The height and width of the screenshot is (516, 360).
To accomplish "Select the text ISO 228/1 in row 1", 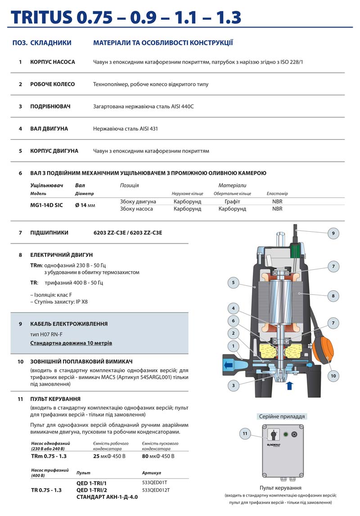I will [x=291, y=62].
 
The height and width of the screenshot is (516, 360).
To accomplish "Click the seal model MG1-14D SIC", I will [x=47, y=205].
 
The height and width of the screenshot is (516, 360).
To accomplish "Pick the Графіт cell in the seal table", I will [x=232, y=202].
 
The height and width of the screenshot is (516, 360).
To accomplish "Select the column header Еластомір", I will [x=277, y=193].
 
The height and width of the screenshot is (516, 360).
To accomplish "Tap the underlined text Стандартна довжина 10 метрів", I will [x=71, y=343].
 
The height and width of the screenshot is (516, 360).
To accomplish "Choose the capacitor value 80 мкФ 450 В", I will [x=158, y=456].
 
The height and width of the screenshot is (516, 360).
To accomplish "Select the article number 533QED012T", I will [x=156, y=490].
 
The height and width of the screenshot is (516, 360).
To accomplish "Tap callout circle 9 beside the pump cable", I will [x=333, y=233].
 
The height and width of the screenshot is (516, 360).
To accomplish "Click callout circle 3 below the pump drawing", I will [x=233, y=385].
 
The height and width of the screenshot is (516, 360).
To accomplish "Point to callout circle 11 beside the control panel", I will [x=245, y=434].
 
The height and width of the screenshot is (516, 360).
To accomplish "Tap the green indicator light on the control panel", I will [x=285, y=435].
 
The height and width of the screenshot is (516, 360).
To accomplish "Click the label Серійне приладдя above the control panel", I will [x=282, y=416].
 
